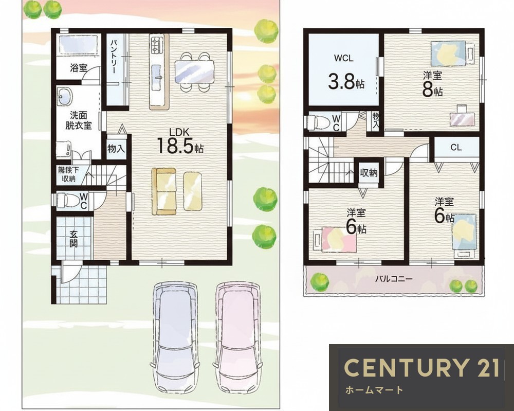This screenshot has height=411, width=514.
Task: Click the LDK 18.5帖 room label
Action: pyautogui.click(x=180, y=141)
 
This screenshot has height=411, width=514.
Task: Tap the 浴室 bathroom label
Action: pyautogui.click(x=78, y=68)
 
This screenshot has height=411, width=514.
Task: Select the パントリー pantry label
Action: pyautogui.click(x=114, y=57)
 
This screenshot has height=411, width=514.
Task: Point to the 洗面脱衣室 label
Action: pyautogui.click(x=78, y=120)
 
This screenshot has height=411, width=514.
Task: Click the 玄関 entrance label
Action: pyautogui.click(x=74, y=239)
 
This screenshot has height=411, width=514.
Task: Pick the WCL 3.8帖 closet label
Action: pyautogui.click(x=345, y=73)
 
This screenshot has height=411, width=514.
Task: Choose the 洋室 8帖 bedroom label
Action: pyautogui.click(x=432, y=84)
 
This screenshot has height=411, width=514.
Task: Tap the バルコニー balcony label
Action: pyautogui.click(x=394, y=279)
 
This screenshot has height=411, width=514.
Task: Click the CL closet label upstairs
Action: pyautogui.click(x=455, y=147)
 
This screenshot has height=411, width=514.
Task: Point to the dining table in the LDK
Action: pyautogui.click(x=194, y=72)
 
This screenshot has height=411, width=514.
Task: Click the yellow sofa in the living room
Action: pyautogui.click(x=163, y=191)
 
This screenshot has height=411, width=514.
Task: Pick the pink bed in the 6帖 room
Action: pyautogui.click(x=339, y=239)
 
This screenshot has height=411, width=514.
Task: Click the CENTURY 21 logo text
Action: pyautogui.click(x=422, y=367)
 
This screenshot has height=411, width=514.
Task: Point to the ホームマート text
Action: pyautogui.click(x=374, y=390)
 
